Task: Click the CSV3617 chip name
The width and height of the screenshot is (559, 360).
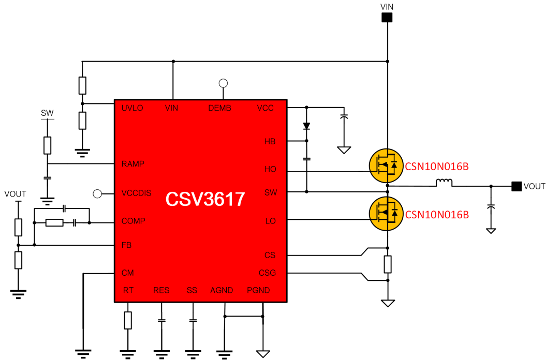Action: click(x=205, y=199)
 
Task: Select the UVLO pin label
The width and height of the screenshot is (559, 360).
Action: click(x=132, y=108)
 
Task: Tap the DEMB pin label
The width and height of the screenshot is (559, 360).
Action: click(x=219, y=108)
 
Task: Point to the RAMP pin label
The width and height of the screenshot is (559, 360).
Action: click(x=133, y=164)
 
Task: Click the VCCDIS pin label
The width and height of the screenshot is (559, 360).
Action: click(x=137, y=193)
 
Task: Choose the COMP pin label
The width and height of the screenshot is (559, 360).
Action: click(x=133, y=221)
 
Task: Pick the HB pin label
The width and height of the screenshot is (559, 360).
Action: click(x=270, y=141)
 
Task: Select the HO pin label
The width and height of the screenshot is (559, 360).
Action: click(x=270, y=169)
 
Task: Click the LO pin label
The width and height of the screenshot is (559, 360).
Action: click(x=270, y=221)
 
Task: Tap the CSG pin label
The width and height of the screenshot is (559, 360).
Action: click(x=267, y=273)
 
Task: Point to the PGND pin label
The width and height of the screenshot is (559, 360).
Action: click(x=258, y=290)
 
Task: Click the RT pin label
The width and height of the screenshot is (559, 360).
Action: click(x=128, y=290)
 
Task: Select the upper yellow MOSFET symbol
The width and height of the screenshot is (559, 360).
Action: click(x=386, y=166)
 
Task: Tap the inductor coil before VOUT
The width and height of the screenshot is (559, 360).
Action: click(x=444, y=182)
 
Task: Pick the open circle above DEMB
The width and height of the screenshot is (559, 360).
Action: click(x=223, y=83)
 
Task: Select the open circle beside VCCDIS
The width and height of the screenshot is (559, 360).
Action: click(x=97, y=193)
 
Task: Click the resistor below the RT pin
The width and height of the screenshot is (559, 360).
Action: click(x=128, y=321)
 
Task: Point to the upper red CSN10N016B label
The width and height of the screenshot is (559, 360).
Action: click(x=437, y=166)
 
